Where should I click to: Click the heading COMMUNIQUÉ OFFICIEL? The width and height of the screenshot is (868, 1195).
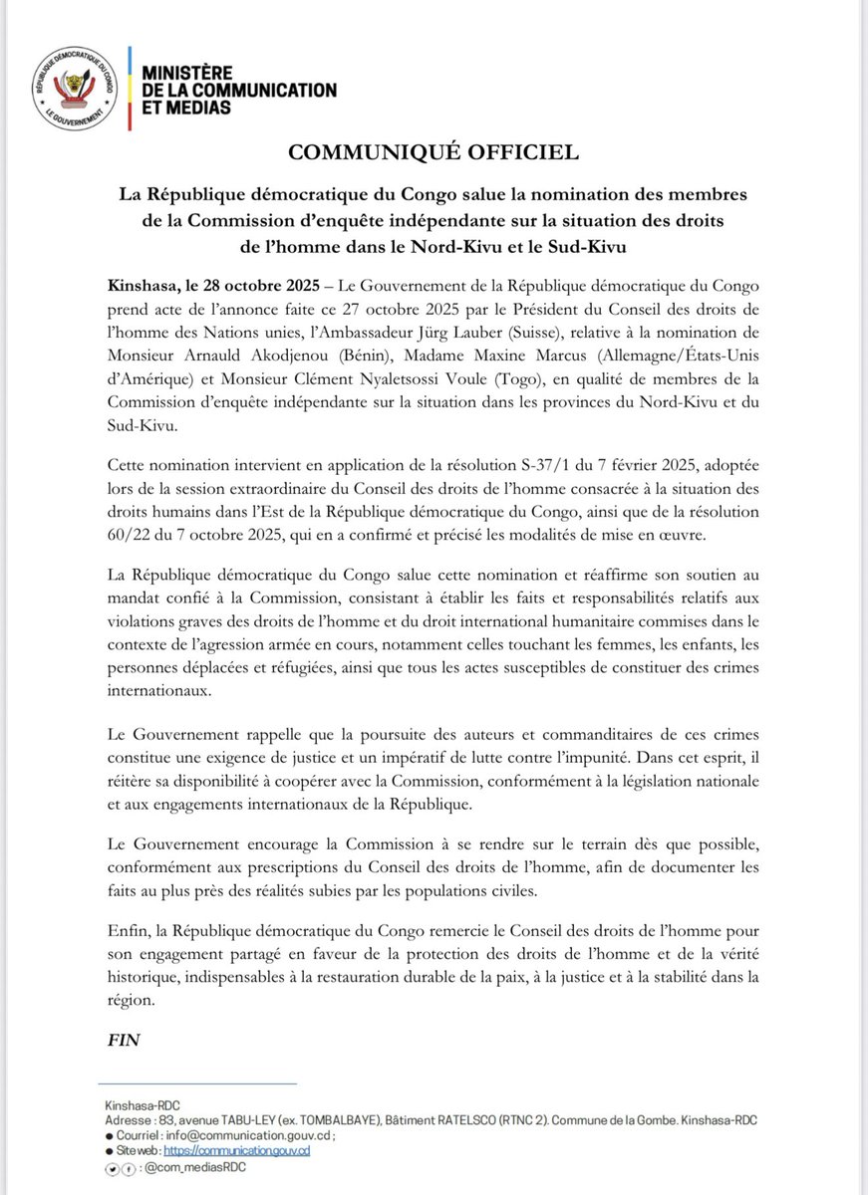tap(433, 152)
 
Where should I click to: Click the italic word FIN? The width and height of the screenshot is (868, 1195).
tap(125, 1040)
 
